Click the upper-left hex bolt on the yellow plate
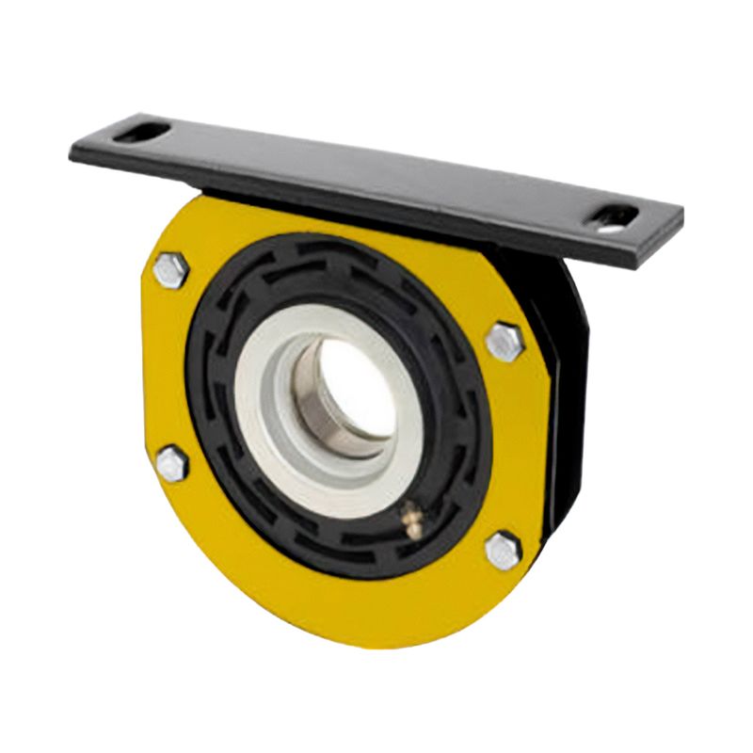[x=170, y=271]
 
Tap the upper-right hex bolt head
[x=505, y=341]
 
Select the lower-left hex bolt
[x=172, y=464]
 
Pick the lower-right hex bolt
[x=504, y=551]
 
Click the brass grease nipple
[x=410, y=519]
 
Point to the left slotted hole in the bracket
[x=141, y=131]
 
